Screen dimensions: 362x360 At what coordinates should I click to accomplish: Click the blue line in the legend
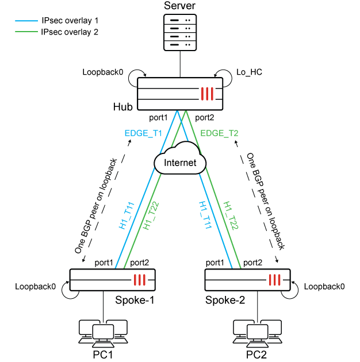(x=26, y=21)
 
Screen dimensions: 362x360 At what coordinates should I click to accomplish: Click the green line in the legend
(x=26, y=32)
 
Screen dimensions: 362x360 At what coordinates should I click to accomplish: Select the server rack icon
(x=180, y=32)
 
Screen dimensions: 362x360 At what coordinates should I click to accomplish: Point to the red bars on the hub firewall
(x=208, y=94)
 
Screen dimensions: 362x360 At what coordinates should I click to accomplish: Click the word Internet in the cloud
(x=180, y=163)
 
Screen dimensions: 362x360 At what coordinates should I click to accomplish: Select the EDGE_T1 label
(x=143, y=133)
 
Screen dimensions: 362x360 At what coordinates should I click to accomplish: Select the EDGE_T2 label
(x=219, y=133)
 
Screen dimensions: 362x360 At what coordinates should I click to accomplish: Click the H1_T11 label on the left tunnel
(x=127, y=216)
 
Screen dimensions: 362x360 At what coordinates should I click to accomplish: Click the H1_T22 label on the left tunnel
(x=151, y=216)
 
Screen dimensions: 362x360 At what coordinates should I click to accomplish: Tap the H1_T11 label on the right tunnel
(x=206, y=216)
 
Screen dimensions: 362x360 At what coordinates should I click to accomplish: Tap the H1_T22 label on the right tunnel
(x=231, y=216)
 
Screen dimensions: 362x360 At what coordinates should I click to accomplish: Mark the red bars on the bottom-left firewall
(x=140, y=280)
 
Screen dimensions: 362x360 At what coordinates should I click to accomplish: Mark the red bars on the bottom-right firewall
(x=275, y=280)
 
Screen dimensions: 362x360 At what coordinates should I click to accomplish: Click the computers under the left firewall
(x=103, y=333)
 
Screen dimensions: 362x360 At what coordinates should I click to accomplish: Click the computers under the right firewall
(x=258, y=333)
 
